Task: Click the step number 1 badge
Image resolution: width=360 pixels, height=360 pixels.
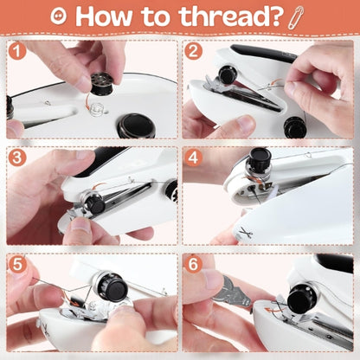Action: click(17, 51)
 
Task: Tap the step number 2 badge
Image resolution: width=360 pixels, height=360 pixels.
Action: click(193, 51)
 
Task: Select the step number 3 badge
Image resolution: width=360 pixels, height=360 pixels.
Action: click(17, 157)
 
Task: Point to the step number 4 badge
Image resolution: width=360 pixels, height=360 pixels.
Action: click(193, 157)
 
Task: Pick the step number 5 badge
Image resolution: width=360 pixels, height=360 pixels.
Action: click(17, 264)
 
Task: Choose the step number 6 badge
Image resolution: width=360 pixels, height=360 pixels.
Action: click(193, 264)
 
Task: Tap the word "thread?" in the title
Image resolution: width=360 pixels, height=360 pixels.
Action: click(230, 16)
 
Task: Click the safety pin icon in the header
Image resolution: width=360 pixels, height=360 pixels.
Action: click(296, 16)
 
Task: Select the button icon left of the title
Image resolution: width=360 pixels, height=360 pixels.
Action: click(59, 16)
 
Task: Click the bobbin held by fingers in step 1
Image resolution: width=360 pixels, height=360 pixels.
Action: click(101, 84)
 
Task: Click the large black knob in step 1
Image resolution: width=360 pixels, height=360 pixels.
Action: click(136, 125)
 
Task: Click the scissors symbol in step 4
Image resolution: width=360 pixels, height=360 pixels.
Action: click(246, 232)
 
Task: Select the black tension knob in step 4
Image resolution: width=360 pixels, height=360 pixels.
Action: click(260, 159)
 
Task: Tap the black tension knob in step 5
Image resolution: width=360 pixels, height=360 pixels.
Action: click(114, 287)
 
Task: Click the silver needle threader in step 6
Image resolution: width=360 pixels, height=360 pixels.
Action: click(234, 291)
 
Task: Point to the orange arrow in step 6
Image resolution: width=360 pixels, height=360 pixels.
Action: click(273, 311)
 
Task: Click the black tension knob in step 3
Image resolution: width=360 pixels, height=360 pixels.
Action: click(94, 203)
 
